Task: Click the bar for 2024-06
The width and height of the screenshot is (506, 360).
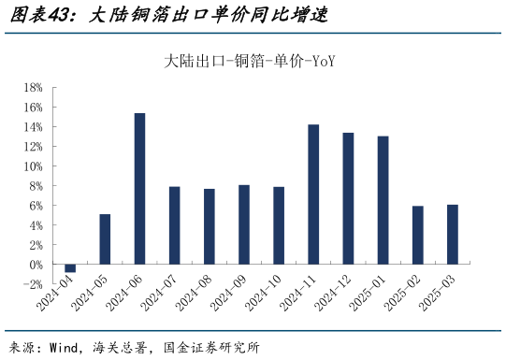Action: coord(139,188)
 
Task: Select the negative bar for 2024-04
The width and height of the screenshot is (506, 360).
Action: coord(70,268)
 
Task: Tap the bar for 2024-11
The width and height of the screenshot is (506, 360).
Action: coord(313,194)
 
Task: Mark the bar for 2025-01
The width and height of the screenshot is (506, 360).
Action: coord(383,200)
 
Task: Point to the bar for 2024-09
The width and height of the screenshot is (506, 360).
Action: coord(243,224)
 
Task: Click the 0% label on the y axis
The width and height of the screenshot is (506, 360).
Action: coord(36,265)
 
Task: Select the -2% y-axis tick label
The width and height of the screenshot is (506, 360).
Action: coord(34,284)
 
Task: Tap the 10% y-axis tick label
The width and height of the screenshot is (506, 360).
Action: coord(33,166)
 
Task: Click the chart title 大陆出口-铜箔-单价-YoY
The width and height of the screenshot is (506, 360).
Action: coord(250,62)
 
